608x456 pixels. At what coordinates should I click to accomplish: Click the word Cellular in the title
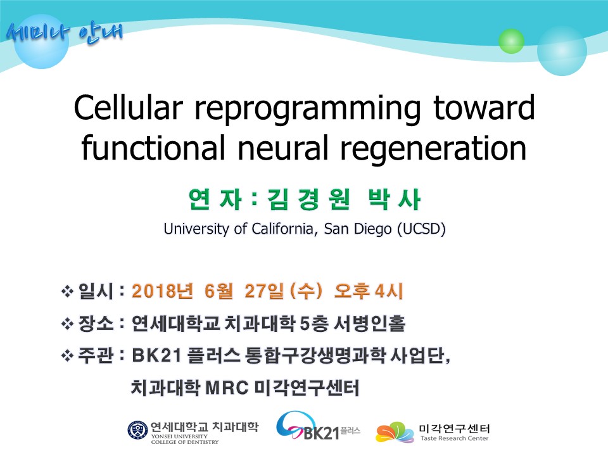(128, 108)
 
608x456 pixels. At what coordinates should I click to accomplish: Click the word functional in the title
(153, 148)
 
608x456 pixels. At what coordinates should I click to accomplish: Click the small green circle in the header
(511, 41)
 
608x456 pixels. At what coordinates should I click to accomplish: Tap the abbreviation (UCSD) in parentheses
(421, 229)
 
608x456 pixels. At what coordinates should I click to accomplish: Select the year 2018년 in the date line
(162, 291)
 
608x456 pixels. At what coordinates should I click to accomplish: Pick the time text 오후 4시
(369, 291)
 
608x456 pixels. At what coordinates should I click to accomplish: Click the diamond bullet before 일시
(68, 291)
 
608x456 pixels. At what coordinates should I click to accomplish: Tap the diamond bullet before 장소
(68, 324)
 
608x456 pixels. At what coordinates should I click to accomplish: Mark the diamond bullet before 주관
(68, 355)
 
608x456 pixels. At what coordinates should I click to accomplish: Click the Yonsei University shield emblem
(137, 431)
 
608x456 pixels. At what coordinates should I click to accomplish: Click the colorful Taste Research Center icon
(395, 432)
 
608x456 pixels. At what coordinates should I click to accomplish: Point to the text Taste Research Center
(455, 438)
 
